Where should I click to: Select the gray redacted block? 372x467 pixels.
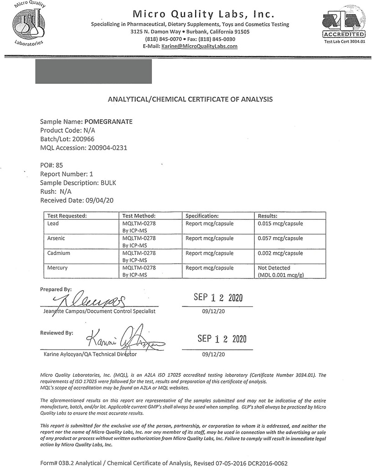(x=93, y=71)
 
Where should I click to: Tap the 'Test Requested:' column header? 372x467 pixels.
(x=67, y=216)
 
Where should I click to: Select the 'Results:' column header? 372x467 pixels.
(x=268, y=216)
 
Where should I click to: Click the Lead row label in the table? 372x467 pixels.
(x=53, y=223)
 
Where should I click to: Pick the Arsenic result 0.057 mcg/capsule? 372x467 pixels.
(x=280, y=238)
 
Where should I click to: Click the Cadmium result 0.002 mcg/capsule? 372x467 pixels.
(x=280, y=253)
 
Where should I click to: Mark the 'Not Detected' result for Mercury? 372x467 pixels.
(x=274, y=268)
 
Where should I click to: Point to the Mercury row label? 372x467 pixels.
(x=57, y=268)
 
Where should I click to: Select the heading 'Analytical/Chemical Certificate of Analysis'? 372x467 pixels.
(x=189, y=99)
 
